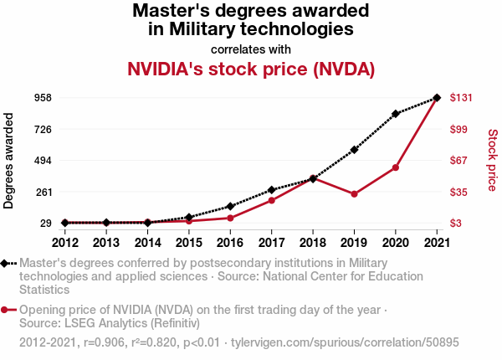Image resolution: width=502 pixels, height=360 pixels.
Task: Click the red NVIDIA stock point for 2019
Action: click(354, 194)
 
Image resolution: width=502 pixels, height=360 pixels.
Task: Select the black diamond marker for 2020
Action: click(396, 114)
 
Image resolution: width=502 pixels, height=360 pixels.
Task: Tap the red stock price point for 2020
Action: click(396, 167)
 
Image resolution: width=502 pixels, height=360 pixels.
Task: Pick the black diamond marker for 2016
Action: click(230, 206)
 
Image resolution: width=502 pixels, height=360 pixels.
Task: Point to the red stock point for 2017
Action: click(271, 200)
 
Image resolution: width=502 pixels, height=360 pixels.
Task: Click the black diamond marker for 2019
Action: click(354, 150)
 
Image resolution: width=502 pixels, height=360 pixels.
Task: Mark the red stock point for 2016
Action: click(230, 219)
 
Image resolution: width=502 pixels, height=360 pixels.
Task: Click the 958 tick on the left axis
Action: click(43, 97)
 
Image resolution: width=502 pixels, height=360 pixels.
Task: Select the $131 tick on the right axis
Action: click(461, 97)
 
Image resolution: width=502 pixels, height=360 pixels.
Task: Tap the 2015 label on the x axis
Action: click(189, 243)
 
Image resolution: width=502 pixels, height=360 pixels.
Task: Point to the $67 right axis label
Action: click(458, 160)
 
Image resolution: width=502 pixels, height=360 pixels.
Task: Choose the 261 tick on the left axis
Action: click(43, 193)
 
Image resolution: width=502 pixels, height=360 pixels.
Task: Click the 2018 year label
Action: click(313, 243)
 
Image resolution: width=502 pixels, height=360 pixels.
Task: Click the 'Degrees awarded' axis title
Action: click(8, 161)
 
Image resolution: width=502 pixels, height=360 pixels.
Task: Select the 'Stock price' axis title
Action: click(493, 160)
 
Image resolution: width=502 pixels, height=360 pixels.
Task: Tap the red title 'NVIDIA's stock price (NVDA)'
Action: click(251, 69)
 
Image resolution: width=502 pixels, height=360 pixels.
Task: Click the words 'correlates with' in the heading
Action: click(251, 49)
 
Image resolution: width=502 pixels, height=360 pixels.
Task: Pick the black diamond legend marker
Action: click(4, 263)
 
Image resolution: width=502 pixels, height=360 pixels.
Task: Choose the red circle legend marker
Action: click(4, 310)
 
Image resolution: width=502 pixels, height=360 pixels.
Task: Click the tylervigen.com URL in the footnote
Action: click(345, 342)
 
